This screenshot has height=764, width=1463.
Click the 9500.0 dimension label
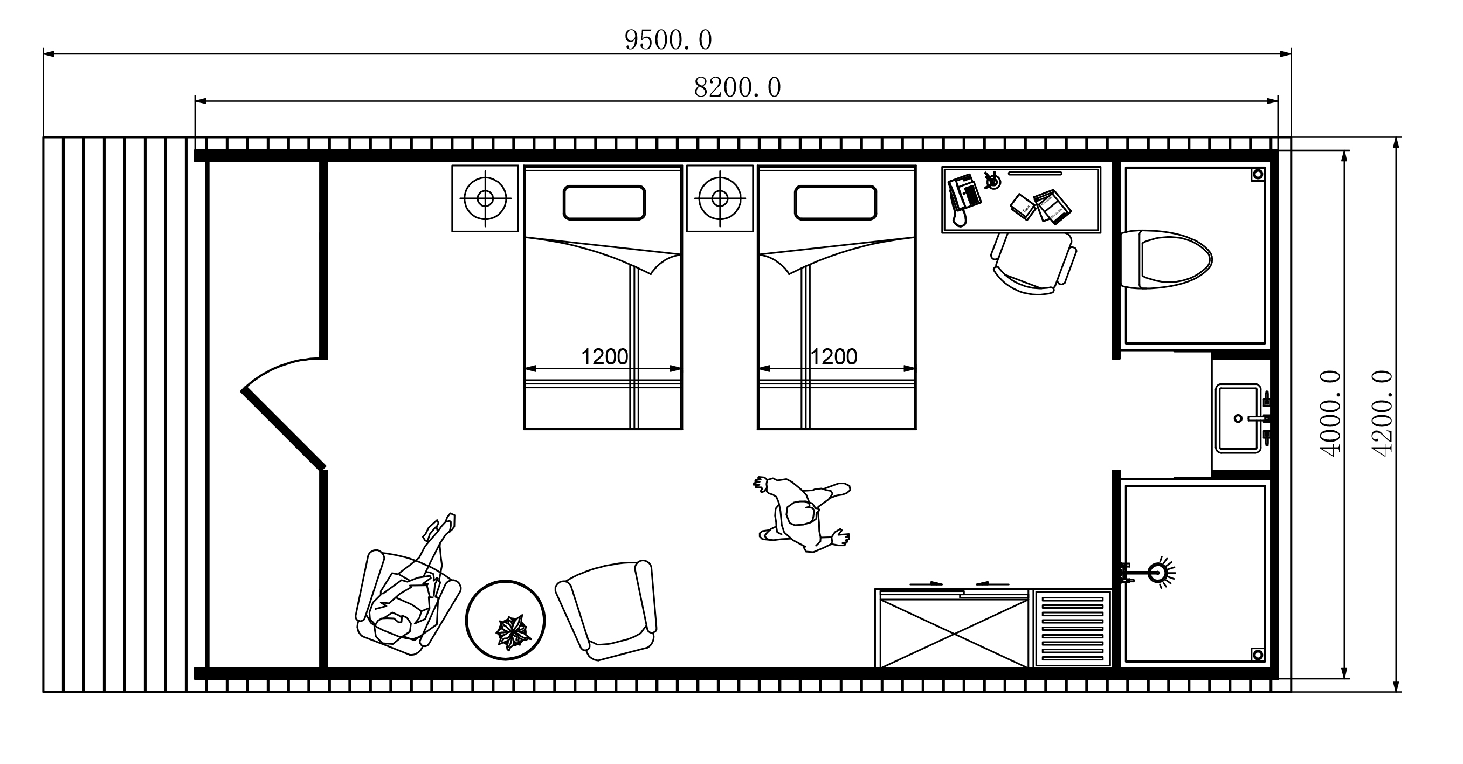[x=668, y=40]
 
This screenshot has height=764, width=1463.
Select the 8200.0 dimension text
[x=737, y=87]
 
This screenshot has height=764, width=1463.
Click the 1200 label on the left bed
[x=604, y=357]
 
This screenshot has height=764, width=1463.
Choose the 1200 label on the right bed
[x=833, y=357]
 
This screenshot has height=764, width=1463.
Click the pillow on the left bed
[x=604, y=203]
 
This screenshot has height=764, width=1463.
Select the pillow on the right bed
[x=836, y=203]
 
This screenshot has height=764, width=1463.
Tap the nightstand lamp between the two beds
[x=720, y=198]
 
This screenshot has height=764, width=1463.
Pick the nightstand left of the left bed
[x=485, y=198]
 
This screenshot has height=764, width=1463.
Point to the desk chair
[x=1034, y=263]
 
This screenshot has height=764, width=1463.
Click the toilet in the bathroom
[x=1167, y=259]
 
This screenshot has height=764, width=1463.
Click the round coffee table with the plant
[x=506, y=620]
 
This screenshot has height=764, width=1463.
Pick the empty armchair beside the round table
[x=606, y=610]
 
